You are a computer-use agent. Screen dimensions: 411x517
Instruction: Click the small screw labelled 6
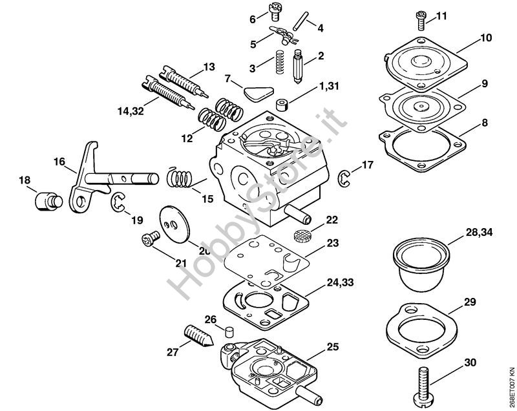(271, 12)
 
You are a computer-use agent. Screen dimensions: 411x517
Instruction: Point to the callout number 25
(332, 347)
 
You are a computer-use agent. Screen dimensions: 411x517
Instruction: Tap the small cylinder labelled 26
(227, 332)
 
